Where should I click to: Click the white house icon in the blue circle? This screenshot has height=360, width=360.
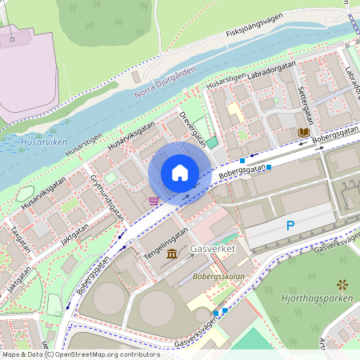tap(180, 173)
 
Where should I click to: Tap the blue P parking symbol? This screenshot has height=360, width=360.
tap(290, 226)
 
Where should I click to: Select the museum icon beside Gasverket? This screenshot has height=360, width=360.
tap(173, 254)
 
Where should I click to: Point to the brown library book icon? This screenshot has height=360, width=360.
tap(303, 131)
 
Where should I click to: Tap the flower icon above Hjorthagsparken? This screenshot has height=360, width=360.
tap(342, 284)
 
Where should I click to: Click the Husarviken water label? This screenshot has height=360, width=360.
tap(43, 142)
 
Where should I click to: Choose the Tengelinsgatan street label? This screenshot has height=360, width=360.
tap(166, 239)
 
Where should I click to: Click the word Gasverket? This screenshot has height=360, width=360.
tap(214, 250)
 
